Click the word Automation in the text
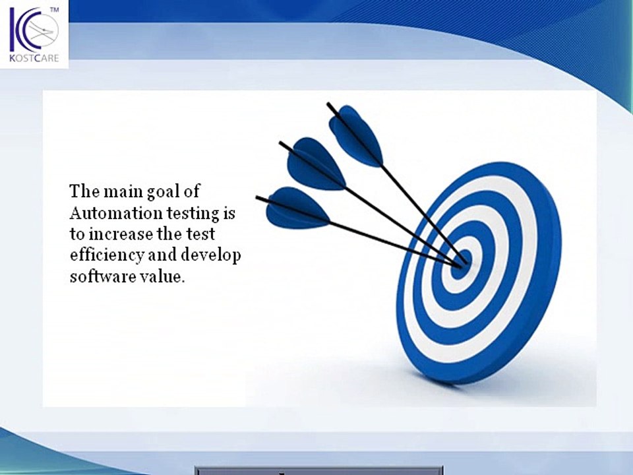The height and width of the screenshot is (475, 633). point(105,213)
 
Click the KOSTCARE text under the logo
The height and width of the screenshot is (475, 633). point(34,59)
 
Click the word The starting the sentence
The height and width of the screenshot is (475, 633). point(84,192)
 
